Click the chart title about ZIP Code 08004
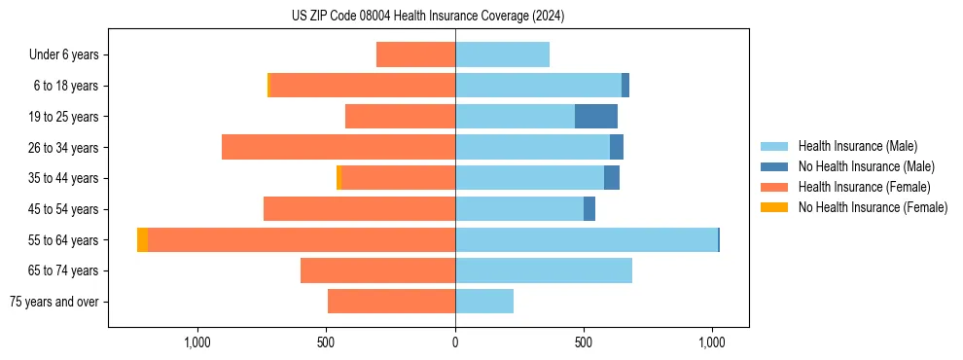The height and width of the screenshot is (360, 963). pos(428,17)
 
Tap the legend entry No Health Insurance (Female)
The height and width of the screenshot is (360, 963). pos(873,207)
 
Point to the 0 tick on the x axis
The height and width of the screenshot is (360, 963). pos(455,342)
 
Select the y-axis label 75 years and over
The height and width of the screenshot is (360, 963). pos(53,302)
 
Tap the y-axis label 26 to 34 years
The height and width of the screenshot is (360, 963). pos(64,148)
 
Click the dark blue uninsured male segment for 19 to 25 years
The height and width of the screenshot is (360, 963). pos(596,117)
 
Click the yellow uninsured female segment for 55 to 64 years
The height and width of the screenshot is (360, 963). pos(142,240)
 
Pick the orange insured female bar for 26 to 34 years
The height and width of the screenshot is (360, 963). pos(339,148)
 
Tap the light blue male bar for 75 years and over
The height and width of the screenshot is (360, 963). pos(484,302)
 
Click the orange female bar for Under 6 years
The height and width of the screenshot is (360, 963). pos(415,55)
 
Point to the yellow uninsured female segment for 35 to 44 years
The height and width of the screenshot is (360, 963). pos(339,178)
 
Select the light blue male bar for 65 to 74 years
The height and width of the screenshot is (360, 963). pos(544,270)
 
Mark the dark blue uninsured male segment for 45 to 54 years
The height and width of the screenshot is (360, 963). pos(589,209)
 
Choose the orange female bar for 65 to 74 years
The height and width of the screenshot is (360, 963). pos(377,270)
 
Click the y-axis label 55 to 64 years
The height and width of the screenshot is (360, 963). pos(64,240)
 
